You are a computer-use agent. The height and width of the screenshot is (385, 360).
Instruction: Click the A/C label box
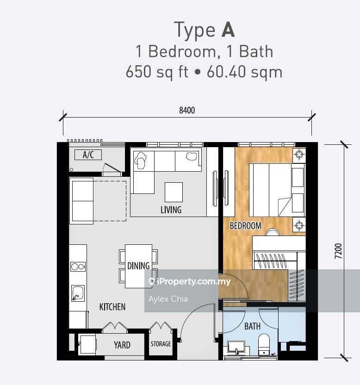click(x=88, y=155)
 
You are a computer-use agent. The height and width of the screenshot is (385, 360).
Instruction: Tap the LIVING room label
click(x=171, y=210)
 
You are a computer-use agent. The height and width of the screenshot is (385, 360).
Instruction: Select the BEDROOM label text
click(x=246, y=226)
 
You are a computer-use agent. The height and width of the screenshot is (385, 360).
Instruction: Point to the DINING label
click(x=138, y=266)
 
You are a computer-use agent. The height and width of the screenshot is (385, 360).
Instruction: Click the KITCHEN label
click(x=112, y=307)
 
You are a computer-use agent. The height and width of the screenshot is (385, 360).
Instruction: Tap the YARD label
click(x=122, y=345)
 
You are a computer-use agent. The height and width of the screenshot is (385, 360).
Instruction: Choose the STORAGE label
click(x=161, y=344)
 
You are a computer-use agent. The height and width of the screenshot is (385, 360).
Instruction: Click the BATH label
click(x=253, y=326)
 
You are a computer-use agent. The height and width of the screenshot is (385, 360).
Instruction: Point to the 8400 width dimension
click(x=187, y=111)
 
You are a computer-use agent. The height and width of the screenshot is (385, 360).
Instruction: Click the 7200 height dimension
click(x=338, y=251)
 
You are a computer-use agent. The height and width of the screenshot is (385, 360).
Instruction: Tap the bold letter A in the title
click(x=228, y=30)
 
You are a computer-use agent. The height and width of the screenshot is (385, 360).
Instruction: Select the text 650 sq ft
click(x=157, y=72)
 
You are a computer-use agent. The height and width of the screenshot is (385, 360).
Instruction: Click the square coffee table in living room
click(x=174, y=192)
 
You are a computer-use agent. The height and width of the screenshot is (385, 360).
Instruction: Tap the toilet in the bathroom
click(x=264, y=344)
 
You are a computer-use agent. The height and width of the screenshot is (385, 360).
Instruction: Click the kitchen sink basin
click(x=78, y=293)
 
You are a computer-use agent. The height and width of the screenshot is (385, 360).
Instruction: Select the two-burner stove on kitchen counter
click(x=78, y=267)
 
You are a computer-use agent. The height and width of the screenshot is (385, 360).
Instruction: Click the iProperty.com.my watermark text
click(x=190, y=282)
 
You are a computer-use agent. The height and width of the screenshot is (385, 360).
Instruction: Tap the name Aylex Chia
click(x=168, y=299)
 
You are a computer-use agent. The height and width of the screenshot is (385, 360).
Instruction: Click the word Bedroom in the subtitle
click(x=182, y=51)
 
